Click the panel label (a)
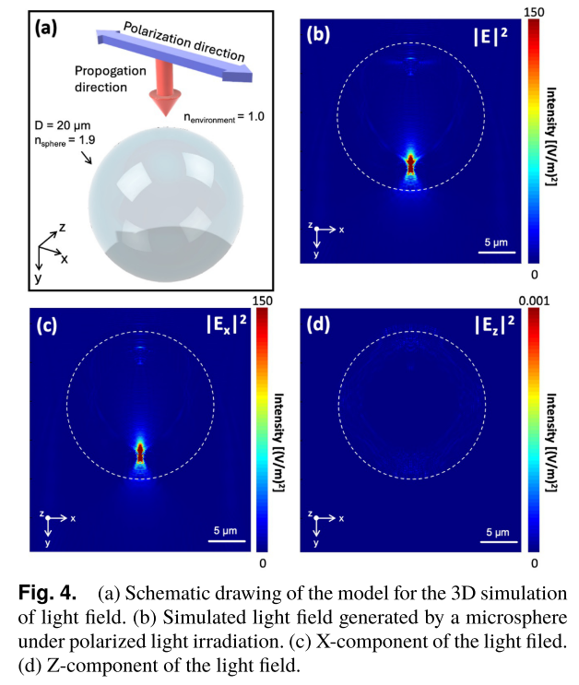pos(46,28)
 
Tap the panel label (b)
pos(318,36)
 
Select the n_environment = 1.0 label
pos(224,117)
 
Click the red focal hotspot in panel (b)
pos(410,164)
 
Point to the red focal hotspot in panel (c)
pos(140,452)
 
